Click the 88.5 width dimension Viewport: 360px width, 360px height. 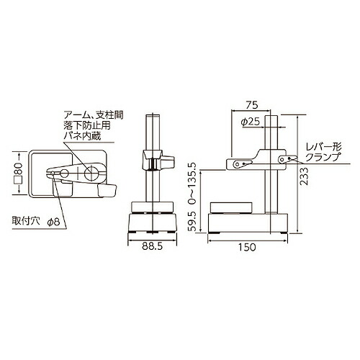click(x=152, y=246)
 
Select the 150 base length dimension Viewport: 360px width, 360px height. click(x=247, y=247)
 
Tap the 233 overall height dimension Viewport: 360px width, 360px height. click(x=304, y=176)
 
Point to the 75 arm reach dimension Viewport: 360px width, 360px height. click(x=251, y=105)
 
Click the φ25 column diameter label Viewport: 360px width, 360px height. click(x=251, y=122)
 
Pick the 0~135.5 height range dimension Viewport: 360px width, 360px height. click(x=192, y=183)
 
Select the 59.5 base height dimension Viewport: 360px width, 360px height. click(x=192, y=221)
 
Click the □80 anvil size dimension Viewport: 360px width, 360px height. click(x=19, y=174)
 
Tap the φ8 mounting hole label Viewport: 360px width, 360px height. click(x=53, y=222)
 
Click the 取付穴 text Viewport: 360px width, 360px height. click(x=25, y=221)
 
